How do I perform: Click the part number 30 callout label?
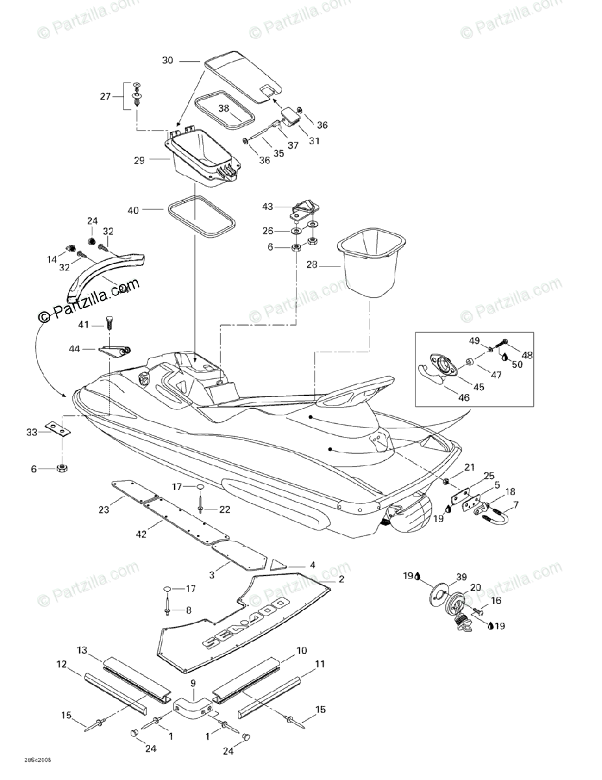point(168,60)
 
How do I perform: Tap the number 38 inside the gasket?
point(224,109)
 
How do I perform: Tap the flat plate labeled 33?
point(58,428)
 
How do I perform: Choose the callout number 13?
point(83,651)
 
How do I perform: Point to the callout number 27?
point(105,97)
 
